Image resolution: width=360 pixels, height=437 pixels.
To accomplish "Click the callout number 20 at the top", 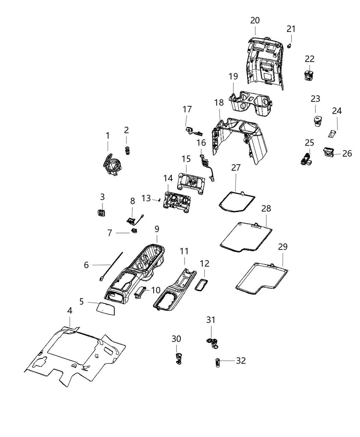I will (255, 20).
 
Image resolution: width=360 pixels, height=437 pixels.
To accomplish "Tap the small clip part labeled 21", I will (289, 46).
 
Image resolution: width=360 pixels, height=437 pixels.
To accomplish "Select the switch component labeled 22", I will (309, 75).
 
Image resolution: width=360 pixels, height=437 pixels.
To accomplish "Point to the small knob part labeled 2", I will (127, 150).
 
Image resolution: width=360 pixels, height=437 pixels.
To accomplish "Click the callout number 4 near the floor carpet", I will (70, 311).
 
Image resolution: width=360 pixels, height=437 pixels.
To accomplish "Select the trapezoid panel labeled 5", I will (105, 308).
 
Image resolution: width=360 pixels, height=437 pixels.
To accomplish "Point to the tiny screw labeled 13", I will (159, 200).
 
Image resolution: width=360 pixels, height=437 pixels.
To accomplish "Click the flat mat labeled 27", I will (237, 201).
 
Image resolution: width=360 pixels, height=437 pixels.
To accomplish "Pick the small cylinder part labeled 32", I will (217, 362).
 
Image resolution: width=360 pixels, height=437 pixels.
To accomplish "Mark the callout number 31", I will (211, 320).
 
